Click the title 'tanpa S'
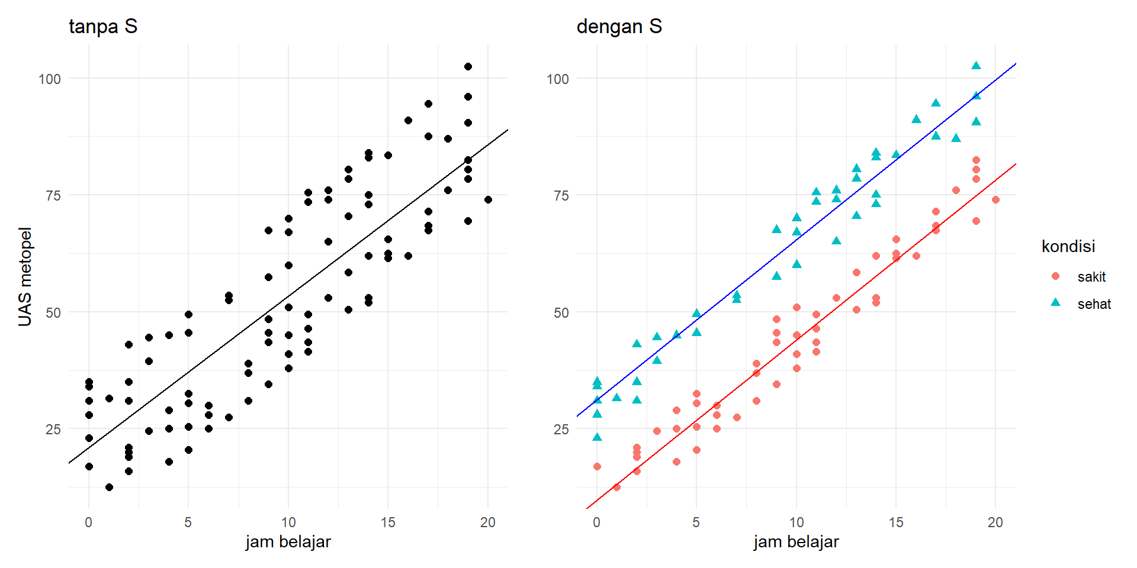[x=103, y=27]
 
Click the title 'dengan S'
[x=619, y=27]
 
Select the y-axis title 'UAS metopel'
[x=25, y=276]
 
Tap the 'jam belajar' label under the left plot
[x=288, y=541]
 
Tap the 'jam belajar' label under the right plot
[x=796, y=541]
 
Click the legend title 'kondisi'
[x=1068, y=246]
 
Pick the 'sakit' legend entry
[x=1091, y=277]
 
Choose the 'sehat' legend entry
[x=1093, y=304]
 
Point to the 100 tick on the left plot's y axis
[x=50, y=79]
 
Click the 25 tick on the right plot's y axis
[x=561, y=429]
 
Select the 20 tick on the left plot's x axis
[x=488, y=522]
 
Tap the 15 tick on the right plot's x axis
[x=896, y=522]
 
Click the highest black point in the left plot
[x=468, y=66]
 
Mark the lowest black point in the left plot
[x=109, y=487]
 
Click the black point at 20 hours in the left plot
[x=488, y=199]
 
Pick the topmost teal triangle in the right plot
[x=976, y=66]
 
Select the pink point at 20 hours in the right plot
[x=995, y=199]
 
